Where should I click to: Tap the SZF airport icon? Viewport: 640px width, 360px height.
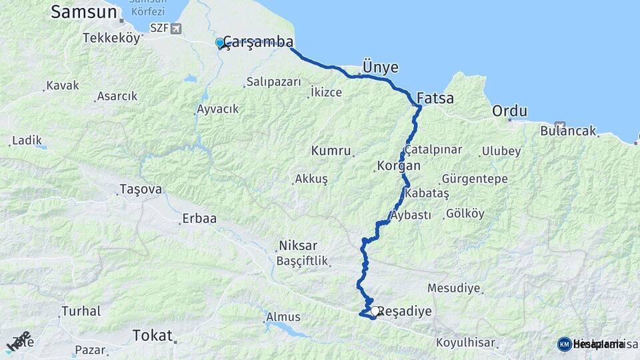point(175,28)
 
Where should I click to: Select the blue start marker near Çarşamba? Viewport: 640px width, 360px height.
point(220,43)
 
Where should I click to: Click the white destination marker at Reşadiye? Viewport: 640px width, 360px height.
point(376,311)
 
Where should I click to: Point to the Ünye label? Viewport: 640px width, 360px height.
point(380,67)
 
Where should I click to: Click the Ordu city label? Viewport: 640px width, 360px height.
point(510,111)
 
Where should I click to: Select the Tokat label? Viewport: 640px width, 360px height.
point(153,335)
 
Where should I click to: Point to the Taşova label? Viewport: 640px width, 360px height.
point(141,189)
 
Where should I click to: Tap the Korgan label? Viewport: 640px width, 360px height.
point(399,165)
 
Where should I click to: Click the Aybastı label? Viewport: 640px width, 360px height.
point(412,215)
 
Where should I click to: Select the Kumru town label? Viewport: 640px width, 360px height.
point(331,151)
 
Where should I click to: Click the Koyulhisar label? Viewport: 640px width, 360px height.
point(467,343)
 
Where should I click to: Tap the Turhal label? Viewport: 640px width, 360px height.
point(81,311)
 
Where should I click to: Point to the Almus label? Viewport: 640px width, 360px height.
point(283,317)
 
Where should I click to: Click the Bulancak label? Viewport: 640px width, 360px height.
point(568,131)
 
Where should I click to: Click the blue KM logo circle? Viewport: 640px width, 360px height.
point(564,344)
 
